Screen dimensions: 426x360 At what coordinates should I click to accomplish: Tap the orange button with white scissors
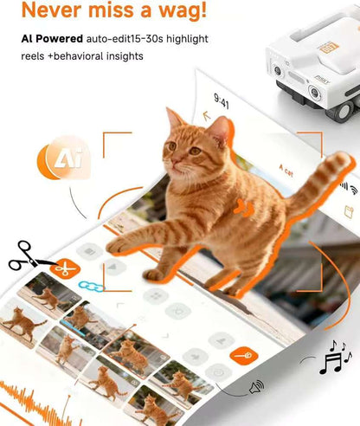(61, 267)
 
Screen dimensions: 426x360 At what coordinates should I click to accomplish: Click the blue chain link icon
(90, 285)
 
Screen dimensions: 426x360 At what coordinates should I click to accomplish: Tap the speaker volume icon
(257, 387)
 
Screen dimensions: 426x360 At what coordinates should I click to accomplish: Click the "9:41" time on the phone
(222, 103)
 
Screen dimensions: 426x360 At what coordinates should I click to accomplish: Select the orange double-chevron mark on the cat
(247, 209)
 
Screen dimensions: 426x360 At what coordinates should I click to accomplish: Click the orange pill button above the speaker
(241, 355)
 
